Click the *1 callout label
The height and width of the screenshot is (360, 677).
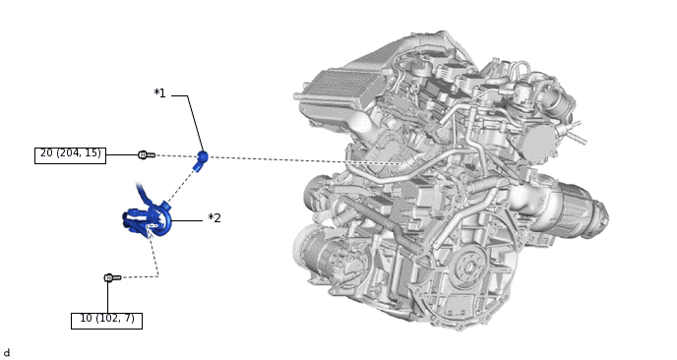[159, 93]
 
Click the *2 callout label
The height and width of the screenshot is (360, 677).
[215, 218]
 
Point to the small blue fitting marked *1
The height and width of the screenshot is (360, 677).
[202, 157]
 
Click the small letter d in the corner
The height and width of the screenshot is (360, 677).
[7, 352]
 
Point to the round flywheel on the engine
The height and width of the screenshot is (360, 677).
[470, 266]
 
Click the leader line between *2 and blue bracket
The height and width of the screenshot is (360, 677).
[187, 220]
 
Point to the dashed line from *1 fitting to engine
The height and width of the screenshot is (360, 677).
[295, 160]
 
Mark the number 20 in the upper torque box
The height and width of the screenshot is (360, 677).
[46, 153]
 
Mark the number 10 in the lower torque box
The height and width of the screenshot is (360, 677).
[86, 319]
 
